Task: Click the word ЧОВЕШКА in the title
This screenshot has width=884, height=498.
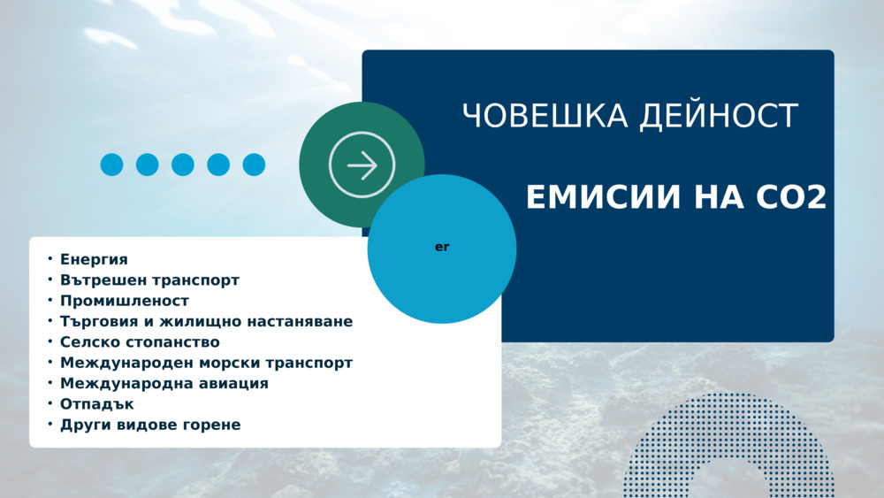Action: (x=545, y=116)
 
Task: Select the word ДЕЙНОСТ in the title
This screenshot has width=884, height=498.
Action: (x=719, y=116)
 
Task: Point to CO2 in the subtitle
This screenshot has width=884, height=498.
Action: (x=791, y=197)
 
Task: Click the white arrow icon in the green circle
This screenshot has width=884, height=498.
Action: (x=362, y=165)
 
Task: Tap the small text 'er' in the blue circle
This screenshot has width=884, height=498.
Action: (x=442, y=247)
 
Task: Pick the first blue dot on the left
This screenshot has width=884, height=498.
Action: (x=111, y=165)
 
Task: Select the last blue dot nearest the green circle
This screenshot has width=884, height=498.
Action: (x=254, y=165)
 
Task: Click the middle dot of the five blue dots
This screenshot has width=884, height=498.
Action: (x=183, y=165)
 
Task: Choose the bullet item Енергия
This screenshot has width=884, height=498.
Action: (x=94, y=259)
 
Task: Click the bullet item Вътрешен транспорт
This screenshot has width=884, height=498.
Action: (x=149, y=280)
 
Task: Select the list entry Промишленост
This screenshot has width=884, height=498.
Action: (x=125, y=301)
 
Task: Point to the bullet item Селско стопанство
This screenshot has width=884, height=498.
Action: (x=140, y=341)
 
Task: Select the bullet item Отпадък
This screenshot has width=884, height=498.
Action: (x=97, y=404)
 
